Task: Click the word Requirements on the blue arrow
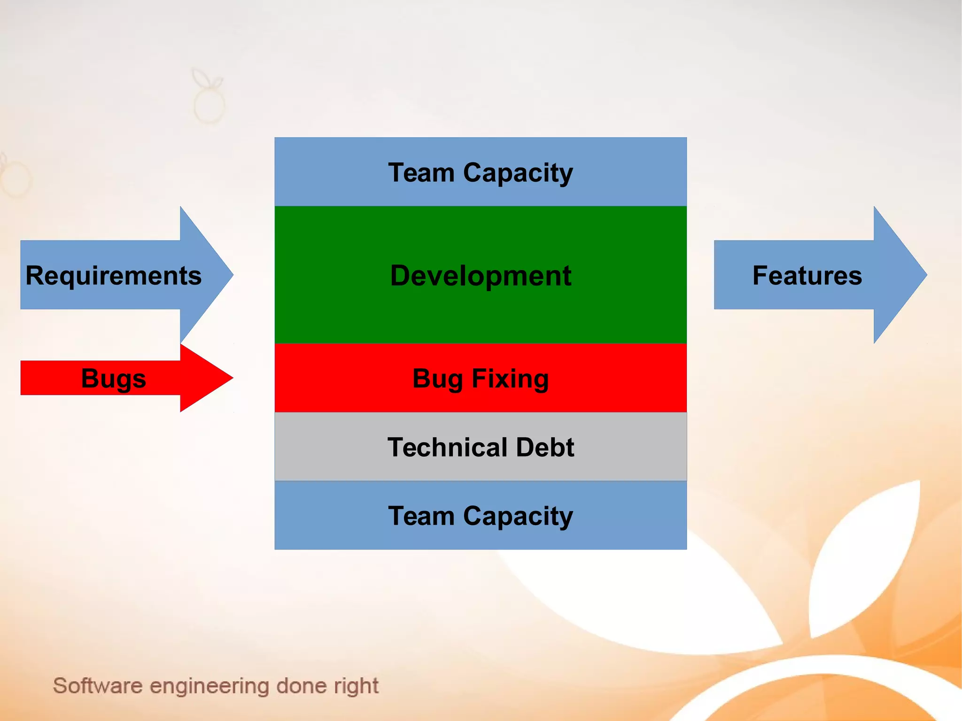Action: coord(113,275)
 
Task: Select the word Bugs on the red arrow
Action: coord(113,378)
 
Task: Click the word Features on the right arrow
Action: coord(807,275)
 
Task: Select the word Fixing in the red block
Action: coord(510,379)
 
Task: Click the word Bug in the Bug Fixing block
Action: coord(438,379)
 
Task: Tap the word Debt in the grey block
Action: coord(545,447)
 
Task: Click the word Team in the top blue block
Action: coord(421,173)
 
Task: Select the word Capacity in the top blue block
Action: coord(518,173)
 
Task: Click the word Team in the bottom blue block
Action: coord(421,516)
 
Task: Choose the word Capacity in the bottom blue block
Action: coord(518,516)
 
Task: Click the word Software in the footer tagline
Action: coord(98,686)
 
